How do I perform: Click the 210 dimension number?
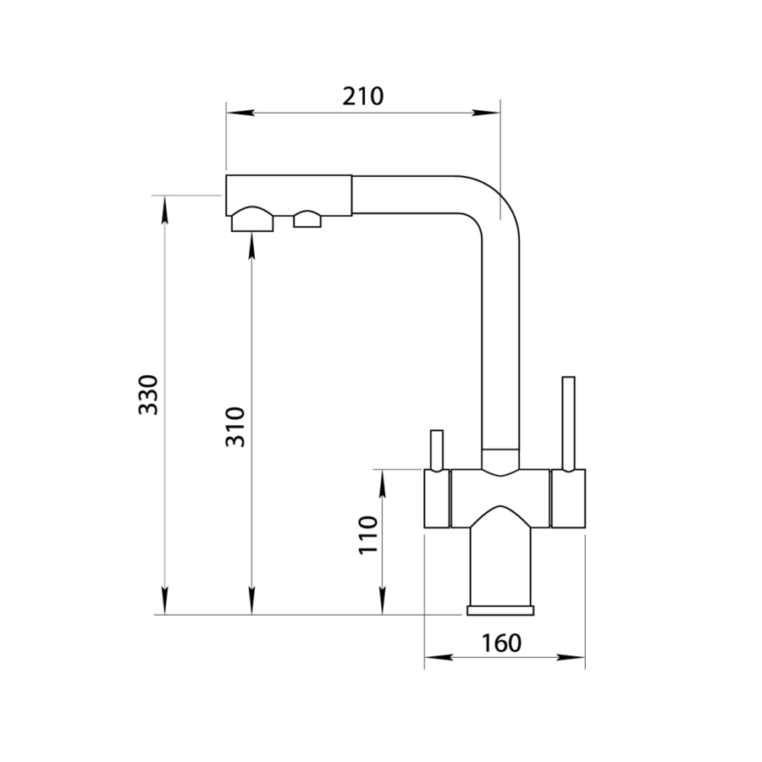tap(363, 96)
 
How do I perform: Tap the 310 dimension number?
tap(235, 428)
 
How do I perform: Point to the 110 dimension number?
tap(368, 535)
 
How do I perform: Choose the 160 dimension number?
tap(501, 643)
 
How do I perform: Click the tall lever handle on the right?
tap(568, 422)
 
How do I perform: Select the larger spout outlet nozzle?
tap(251, 219)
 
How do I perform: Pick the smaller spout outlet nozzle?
tap(307, 218)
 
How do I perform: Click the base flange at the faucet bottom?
tap(500, 610)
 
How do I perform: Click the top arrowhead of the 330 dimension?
tap(165, 209)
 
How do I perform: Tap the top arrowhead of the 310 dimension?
tap(251, 246)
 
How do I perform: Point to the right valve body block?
tap(568, 498)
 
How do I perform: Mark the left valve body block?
tap(437, 498)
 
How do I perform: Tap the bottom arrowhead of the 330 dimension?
tap(165, 600)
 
